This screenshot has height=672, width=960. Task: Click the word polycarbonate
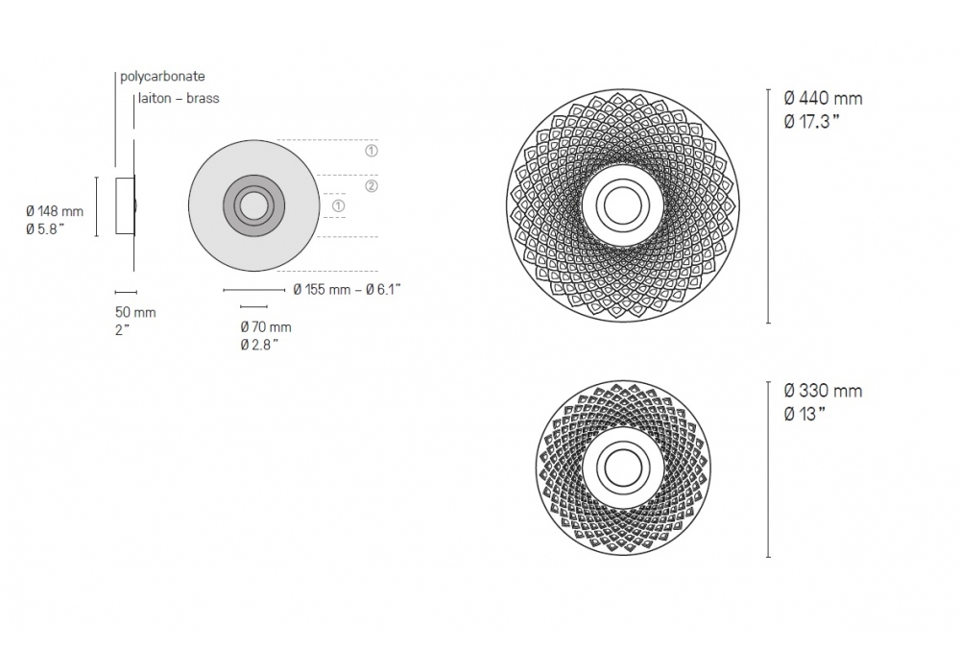[162, 77]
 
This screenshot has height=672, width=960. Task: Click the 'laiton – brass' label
[179, 98]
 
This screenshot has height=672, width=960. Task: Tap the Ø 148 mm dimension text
[55, 211]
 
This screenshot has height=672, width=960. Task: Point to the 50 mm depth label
[135, 312]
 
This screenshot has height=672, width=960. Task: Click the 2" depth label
[123, 330]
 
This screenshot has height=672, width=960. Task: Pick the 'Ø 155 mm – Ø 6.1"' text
[348, 290]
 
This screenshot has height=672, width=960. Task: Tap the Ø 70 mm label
[266, 326]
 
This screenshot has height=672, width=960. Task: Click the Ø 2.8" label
[259, 345]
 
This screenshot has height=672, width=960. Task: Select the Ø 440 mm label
[823, 98]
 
